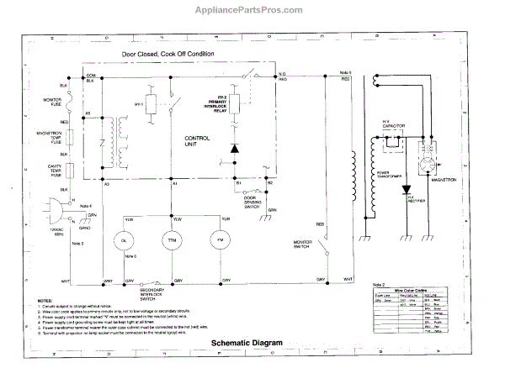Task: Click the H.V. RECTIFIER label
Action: tap(416, 202)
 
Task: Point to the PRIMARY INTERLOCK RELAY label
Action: tap(216, 104)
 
